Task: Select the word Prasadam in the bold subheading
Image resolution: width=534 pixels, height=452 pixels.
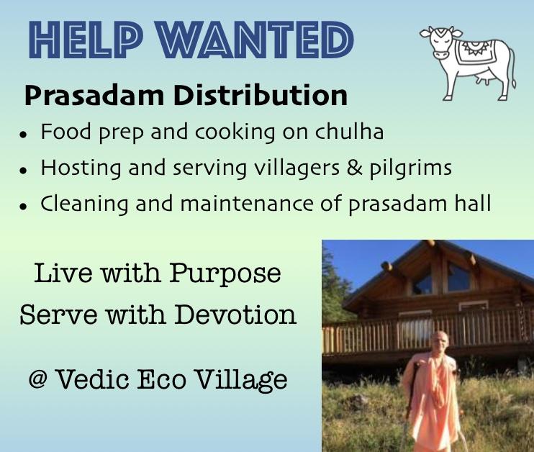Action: coord(94,95)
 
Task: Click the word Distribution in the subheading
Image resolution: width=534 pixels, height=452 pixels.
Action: coord(261,95)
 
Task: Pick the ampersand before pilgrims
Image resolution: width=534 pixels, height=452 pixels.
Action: coord(355,168)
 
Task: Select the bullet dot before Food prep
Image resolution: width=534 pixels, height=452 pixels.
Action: coord(23,134)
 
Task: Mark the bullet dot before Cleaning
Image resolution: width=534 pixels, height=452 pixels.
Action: coord(23,206)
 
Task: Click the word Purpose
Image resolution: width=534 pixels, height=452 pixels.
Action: coord(225,274)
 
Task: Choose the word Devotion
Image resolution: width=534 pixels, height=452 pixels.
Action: coord(235,314)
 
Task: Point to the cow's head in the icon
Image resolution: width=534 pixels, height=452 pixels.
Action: coord(440,42)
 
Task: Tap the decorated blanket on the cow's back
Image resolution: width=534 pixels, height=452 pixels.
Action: coord(476,51)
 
